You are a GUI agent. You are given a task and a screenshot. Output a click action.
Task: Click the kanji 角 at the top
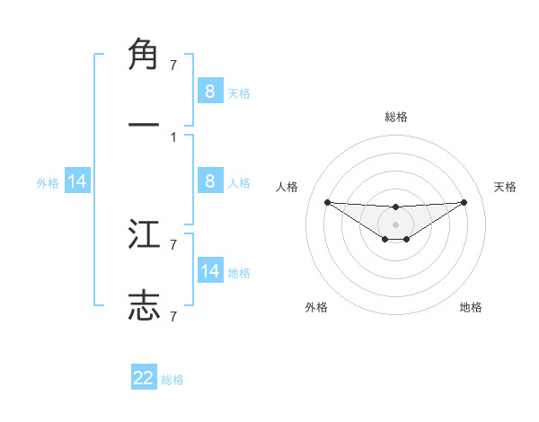click(x=144, y=56)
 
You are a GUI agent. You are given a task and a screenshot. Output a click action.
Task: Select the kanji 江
click(x=144, y=236)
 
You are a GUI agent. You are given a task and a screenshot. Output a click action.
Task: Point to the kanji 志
click(x=144, y=304)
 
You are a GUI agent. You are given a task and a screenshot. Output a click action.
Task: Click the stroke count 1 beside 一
click(x=173, y=137)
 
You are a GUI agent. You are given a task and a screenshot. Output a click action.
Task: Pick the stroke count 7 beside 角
click(x=173, y=65)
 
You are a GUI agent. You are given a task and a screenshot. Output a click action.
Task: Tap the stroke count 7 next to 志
click(x=173, y=316)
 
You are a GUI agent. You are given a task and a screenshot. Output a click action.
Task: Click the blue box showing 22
click(x=144, y=378)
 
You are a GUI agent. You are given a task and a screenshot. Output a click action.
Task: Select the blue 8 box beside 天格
click(x=209, y=91)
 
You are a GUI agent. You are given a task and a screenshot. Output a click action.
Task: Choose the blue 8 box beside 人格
click(x=209, y=181)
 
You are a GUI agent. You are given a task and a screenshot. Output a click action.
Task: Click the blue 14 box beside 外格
click(x=77, y=181)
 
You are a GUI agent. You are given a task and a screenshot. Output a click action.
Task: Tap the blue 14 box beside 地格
click(x=209, y=271)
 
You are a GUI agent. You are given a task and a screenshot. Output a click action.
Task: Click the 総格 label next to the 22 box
click(x=172, y=380)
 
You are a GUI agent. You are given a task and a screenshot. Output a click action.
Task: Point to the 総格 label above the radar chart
click(x=396, y=117)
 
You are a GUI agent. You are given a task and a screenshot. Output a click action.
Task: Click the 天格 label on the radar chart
click(x=506, y=187)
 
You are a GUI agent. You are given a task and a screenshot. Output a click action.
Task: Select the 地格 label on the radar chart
click(x=471, y=307)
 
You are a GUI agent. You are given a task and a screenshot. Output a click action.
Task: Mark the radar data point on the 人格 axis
click(x=328, y=202)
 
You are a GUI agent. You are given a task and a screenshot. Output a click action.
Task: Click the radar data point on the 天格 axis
click(x=464, y=202)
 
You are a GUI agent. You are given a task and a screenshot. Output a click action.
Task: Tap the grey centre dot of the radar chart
click(x=396, y=224)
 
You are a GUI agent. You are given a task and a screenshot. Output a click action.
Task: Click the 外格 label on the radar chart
click(x=316, y=307)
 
